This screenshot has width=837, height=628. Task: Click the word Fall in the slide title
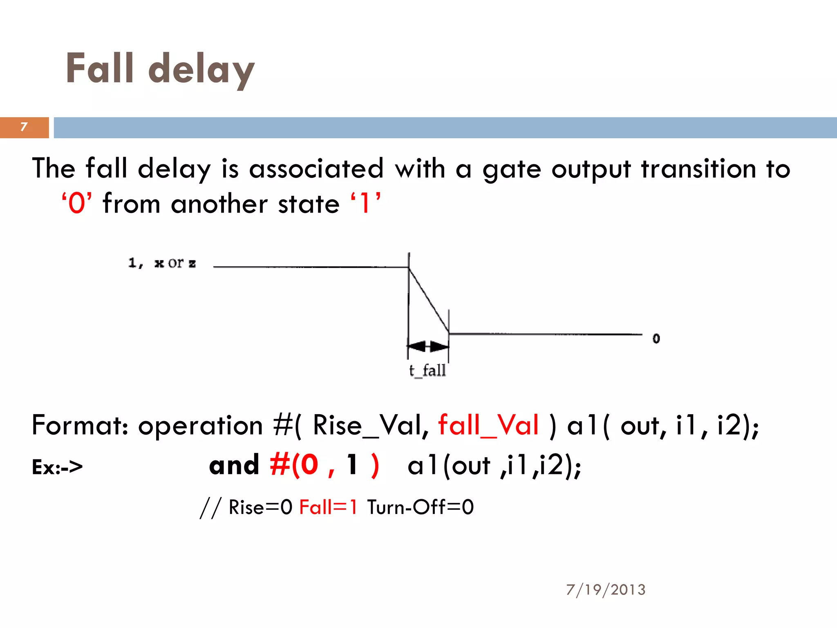(x=100, y=68)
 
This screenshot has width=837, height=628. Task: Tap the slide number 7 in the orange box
(x=24, y=127)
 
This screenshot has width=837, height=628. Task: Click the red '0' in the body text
(x=77, y=203)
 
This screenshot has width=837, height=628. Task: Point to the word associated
(x=316, y=168)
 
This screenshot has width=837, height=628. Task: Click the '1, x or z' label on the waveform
(x=162, y=263)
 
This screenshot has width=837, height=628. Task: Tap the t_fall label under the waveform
(x=427, y=370)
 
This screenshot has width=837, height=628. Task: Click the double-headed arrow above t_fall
(x=428, y=346)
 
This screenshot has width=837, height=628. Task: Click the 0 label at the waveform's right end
(x=656, y=339)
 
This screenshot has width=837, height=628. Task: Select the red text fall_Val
(x=488, y=425)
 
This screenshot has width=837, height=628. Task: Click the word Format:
(x=81, y=425)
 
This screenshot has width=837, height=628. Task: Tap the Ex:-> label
(x=57, y=467)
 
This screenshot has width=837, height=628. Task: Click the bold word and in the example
(x=234, y=465)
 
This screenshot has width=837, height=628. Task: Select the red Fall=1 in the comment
(x=328, y=507)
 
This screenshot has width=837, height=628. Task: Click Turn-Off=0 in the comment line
(x=421, y=507)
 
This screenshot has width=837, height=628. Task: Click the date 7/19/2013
(x=606, y=590)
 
